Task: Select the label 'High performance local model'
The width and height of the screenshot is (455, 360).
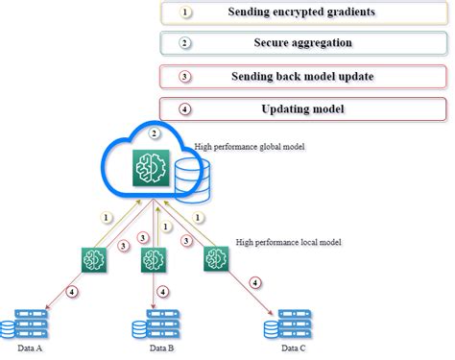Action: (288, 242)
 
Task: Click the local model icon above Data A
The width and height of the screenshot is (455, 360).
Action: (94, 258)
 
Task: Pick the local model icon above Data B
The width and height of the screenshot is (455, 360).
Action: (150, 260)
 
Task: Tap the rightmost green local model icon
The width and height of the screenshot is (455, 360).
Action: (213, 258)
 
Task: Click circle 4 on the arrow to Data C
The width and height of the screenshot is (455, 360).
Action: (254, 282)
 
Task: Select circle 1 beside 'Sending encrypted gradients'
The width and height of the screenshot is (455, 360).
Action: (187, 12)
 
